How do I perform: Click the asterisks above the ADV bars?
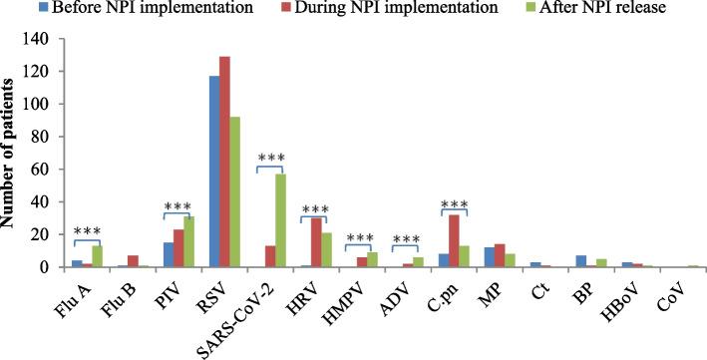(x=408, y=238)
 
